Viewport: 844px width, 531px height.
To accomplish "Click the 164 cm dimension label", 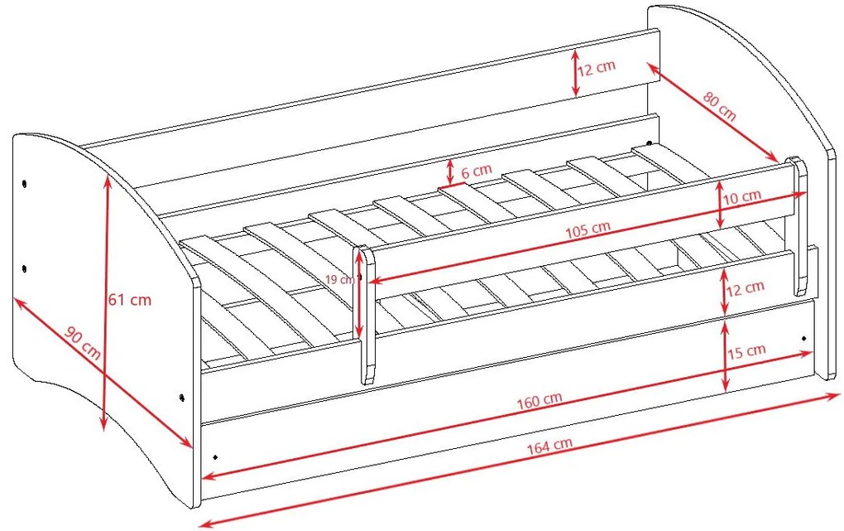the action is click(x=549, y=446).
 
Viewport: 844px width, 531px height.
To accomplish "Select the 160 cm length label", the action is click(x=539, y=400).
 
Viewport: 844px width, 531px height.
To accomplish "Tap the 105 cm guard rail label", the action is click(x=587, y=229).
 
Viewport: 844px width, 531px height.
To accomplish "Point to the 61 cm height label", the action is click(x=130, y=299).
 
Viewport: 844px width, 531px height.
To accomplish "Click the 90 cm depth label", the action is click(x=83, y=343).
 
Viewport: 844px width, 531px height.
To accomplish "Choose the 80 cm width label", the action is click(x=720, y=106).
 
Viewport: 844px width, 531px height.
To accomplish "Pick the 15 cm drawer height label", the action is click(x=746, y=351).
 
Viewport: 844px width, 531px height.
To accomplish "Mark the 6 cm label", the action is click(x=477, y=171).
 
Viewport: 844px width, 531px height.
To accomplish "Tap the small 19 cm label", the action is click(x=339, y=279).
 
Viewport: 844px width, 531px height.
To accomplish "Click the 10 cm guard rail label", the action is click(x=741, y=197).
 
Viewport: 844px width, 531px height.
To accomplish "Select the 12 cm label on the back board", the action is click(x=597, y=68).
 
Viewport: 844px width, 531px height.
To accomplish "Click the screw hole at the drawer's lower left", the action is click(x=216, y=457).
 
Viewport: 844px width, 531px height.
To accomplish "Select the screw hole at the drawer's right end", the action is click(x=804, y=339).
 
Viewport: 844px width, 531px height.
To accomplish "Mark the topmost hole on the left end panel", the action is click(x=24, y=184).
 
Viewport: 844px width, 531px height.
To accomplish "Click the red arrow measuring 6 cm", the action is click(x=449, y=171).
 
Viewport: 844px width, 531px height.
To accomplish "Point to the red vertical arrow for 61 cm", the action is click(x=106, y=303).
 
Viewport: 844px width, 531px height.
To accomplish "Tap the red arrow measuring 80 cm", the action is click(x=713, y=112).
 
